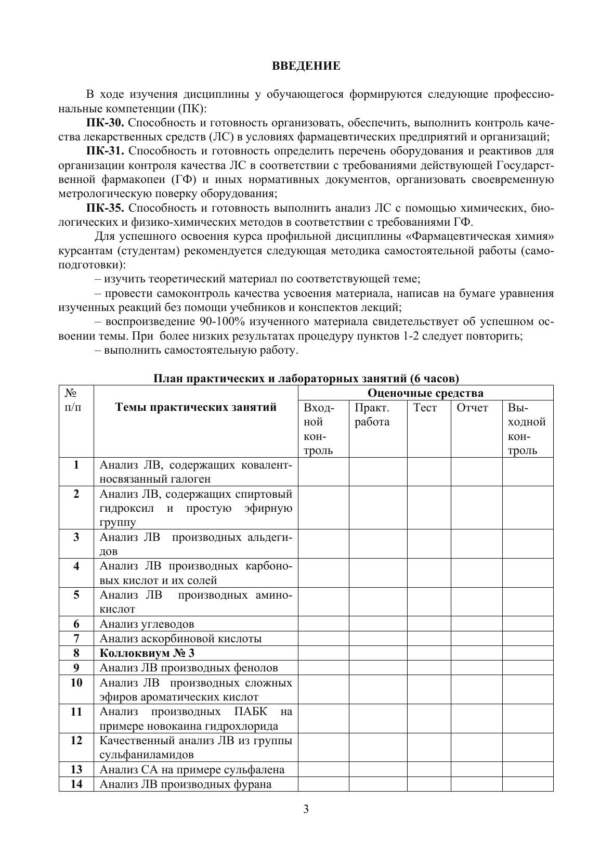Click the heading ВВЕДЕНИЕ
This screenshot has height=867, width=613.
306,66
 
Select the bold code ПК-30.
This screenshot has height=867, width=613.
105,123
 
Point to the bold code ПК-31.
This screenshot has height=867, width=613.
105,151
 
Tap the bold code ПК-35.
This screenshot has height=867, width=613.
105,208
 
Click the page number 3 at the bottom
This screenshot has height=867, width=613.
306,809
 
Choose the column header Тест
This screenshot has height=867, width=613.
425,408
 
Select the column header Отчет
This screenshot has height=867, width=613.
472,408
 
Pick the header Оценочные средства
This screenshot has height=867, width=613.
425,393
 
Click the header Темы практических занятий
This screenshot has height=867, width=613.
195,407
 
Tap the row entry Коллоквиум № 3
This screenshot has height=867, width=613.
147,653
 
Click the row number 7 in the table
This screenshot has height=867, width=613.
76,639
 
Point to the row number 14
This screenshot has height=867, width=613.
76,784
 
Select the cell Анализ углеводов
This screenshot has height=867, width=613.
147,624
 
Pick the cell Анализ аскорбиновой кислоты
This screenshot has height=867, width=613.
180,639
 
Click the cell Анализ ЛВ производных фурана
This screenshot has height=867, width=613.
185,784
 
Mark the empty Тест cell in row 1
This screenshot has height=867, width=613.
429,472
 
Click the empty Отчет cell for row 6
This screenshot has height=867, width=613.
476,624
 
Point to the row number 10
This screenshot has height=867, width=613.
76,683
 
